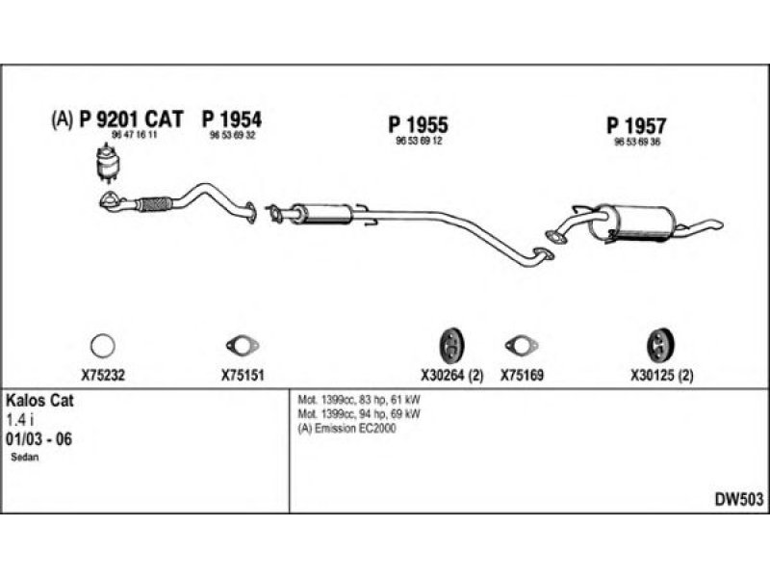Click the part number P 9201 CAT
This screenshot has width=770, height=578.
pyautogui.click(x=131, y=119)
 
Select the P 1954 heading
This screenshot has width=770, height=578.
pyautogui.click(x=231, y=119)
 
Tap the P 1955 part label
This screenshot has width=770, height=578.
pyautogui.click(x=419, y=124)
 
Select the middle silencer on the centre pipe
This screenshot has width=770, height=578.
pyautogui.click(x=320, y=214)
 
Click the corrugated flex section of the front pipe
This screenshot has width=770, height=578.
pyautogui.click(x=153, y=204)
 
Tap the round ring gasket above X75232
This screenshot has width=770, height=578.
pyautogui.click(x=102, y=344)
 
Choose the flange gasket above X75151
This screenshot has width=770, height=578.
pyautogui.click(x=236, y=344)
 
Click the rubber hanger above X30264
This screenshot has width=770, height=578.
pyautogui.click(x=450, y=344)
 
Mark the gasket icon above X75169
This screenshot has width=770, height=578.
pyautogui.click(x=521, y=344)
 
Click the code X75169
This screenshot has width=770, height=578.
pyautogui.click(x=523, y=377)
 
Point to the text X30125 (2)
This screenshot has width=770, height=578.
pyautogui.click(x=661, y=377)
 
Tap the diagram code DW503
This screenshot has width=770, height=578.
pyautogui.click(x=738, y=499)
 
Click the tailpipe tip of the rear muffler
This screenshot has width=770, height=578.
pyautogui.click(x=713, y=225)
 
